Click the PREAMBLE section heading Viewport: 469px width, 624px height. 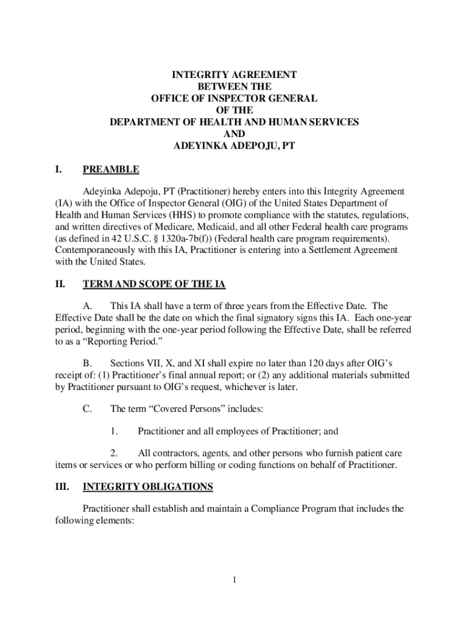(111, 169)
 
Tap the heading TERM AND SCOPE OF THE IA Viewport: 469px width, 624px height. (154, 284)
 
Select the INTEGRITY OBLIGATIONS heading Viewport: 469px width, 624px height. (147, 487)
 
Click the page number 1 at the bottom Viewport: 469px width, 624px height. (234, 580)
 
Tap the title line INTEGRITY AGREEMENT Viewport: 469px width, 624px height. (234, 75)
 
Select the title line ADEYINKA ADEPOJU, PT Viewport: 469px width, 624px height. (234, 145)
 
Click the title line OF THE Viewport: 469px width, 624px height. (234, 110)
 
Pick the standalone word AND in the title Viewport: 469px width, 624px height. (234, 133)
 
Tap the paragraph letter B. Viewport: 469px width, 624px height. (87, 363)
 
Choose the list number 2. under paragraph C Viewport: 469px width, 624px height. (114, 453)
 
